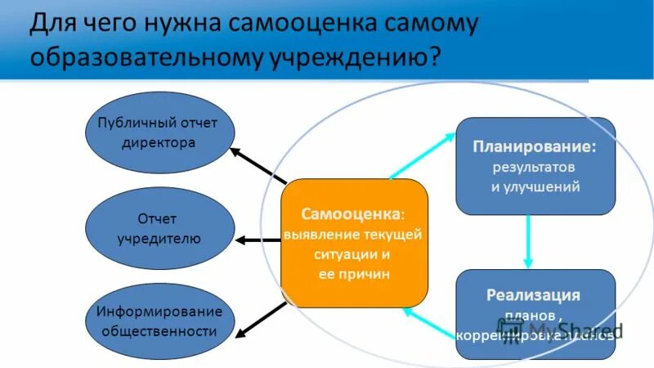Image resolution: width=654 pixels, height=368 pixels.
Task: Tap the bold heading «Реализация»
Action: point(535,294)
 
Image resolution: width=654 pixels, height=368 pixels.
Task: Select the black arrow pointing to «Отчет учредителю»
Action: point(259,240)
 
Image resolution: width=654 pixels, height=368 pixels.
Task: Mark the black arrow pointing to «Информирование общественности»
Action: point(260,318)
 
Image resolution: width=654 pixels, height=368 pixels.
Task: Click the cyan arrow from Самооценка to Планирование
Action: point(420,155)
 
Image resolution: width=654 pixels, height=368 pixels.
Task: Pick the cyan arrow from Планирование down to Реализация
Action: point(528,241)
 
